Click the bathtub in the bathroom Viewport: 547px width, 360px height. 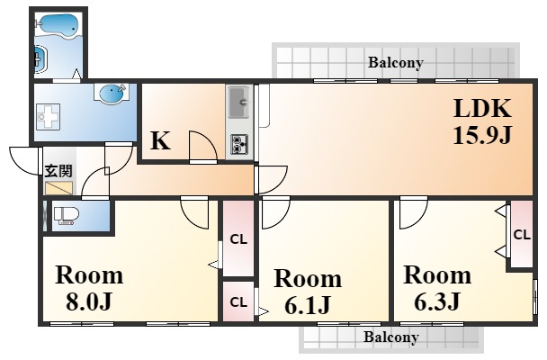pyautogui.click(x=58, y=25)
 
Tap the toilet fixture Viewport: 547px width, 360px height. pyautogui.click(x=67, y=215)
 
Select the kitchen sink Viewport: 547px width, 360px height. pyautogui.click(x=239, y=103)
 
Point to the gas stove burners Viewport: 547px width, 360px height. pyautogui.click(x=239, y=144)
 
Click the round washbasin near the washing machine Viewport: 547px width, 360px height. pyautogui.click(x=112, y=92)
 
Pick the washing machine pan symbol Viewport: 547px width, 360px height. pyautogui.click(x=48, y=116)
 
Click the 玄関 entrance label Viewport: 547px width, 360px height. pyautogui.click(x=58, y=171)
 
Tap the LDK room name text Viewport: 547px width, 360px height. pyautogui.click(x=482, y=109)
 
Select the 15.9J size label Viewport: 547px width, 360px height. pyautogui.click(x=482, y=135)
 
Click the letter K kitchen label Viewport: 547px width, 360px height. pyautogui.click(x=160, y=140)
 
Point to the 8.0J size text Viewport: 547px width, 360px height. pyautogui.click(x=88, y=301)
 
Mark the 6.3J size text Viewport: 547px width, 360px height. pyautogui.click(x=436, y=301)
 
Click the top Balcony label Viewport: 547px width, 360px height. pyautogui.click(x=396, y=62)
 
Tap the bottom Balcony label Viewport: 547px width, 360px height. pyautogui.click(x=391, y=337)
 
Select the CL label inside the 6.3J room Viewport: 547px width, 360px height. pyautogui.click(x=522, y=235)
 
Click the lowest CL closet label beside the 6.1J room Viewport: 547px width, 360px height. pyautogui.click(x=238, y=302)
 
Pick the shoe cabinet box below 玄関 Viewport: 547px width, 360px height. pyautogui.click(x=59, y=188)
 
